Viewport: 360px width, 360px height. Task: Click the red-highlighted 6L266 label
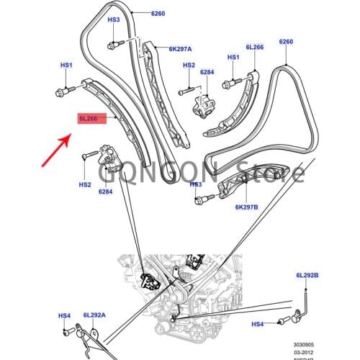91,117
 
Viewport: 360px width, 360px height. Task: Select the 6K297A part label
180,50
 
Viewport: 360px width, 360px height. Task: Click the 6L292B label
307,276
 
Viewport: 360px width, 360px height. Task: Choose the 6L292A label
94,315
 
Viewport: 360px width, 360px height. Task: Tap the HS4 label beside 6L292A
65,315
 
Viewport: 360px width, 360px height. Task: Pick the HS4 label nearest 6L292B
257,325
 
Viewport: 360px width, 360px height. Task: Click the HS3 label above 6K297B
196,184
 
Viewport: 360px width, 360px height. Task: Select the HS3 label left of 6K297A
114,20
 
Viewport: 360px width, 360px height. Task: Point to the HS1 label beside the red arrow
66,66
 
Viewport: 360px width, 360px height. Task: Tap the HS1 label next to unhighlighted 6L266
233,57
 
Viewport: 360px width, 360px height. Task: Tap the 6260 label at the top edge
158,14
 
